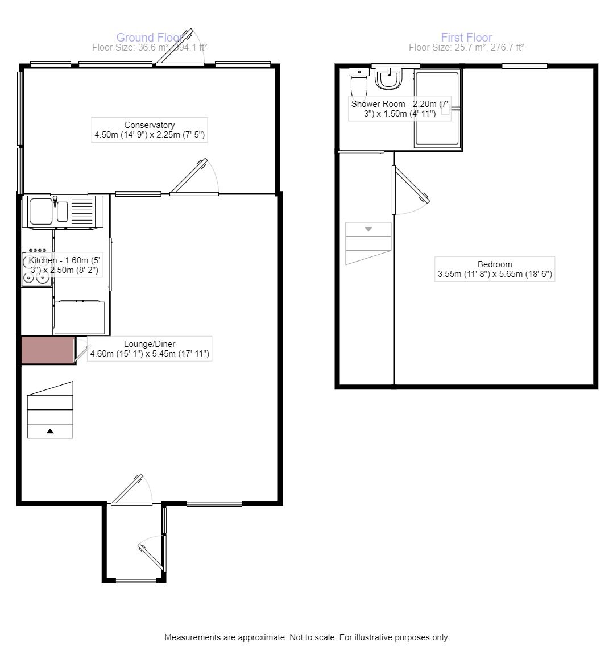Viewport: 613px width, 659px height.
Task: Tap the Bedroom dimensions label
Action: tap(494, 275)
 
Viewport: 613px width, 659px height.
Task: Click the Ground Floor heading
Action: tap(149, 38)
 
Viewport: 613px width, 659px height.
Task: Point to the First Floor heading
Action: tap(466, 38)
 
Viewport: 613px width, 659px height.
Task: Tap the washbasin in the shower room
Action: tap(389, 79)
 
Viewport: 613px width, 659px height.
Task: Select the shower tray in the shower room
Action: tap(437, 108)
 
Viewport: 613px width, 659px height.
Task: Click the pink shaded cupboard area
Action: tap(48, 350)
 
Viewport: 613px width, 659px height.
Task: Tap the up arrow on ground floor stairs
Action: tap(50, 432)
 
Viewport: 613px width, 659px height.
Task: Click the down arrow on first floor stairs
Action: tap(368, 229)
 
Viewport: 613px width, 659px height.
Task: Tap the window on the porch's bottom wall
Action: tap(136, 581)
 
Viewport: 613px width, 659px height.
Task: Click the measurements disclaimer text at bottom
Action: tap(306, 637)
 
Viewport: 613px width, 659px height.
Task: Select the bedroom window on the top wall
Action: tap(524, 66)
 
